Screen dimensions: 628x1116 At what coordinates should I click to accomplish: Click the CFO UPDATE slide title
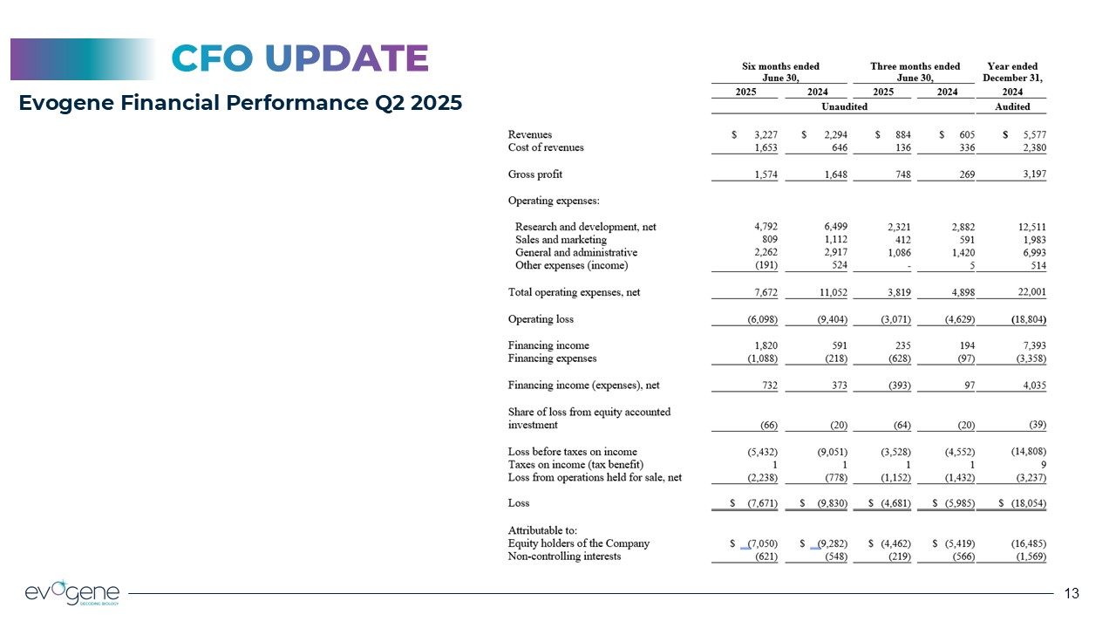click(300, 58)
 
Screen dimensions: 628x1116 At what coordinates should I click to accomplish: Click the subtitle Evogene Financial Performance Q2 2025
click(241, 104)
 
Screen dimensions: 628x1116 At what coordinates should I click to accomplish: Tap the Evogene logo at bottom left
click(72, 592)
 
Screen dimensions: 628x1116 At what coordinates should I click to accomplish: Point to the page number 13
click(1072, 594)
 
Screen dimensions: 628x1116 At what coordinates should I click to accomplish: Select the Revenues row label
click(530, 134)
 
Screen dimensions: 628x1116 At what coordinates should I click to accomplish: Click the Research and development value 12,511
click(1029, 227)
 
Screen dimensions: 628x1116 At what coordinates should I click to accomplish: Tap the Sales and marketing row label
click(561, 240)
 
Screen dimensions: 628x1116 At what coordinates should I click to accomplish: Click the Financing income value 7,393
click(1031, 345)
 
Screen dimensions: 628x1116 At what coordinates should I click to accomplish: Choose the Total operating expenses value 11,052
click(829, 292)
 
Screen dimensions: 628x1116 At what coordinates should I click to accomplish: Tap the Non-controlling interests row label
click(564, 556)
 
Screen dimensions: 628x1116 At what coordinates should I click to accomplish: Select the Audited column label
click(1012, 106)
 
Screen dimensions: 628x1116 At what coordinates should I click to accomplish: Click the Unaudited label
click(843, 106)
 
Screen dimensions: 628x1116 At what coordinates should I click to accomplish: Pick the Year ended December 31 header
click(1012, 72)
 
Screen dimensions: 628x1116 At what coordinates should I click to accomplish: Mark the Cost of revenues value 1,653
click(764, 147)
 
